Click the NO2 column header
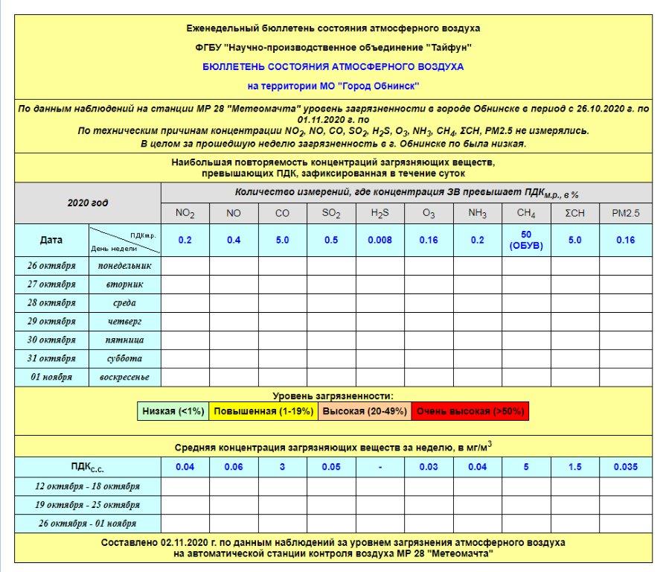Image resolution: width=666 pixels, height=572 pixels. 185,214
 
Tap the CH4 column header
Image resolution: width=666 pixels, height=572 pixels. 526,214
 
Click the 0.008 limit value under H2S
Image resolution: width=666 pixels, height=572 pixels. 380,240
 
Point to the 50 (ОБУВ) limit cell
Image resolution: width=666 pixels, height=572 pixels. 526,241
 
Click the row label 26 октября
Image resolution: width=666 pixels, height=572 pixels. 52,265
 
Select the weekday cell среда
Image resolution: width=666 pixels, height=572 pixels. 124,302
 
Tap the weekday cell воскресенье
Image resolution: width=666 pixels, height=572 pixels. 124,377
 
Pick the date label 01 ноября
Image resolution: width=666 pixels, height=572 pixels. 52,377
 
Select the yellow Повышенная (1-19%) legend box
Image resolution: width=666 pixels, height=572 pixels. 263,411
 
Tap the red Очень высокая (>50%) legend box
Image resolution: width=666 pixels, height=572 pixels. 470,411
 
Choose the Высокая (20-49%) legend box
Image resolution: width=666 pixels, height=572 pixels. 364,411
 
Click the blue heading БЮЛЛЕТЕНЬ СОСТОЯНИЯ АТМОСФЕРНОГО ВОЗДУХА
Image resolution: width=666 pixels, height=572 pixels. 333,66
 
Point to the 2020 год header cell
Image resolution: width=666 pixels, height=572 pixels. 88,203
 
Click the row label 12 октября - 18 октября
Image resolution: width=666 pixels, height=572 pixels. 88,486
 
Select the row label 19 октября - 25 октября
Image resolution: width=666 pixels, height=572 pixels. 88,504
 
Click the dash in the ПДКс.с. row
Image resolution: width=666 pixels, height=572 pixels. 380,467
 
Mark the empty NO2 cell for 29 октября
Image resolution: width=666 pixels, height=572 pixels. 185,321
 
